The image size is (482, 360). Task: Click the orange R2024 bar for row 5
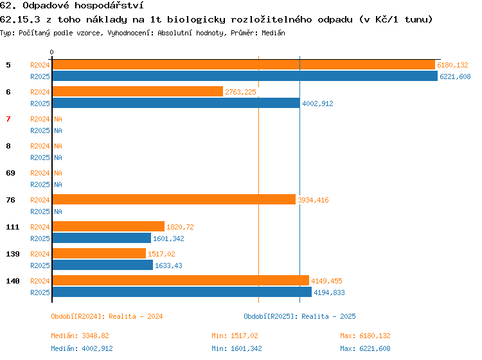244,65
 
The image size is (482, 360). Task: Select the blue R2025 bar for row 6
176,103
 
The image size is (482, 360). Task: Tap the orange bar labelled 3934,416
174,199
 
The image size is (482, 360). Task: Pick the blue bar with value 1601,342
102,238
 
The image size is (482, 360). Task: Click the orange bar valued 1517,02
99,253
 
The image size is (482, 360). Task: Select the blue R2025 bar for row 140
182,292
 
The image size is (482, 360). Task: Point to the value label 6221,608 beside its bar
455,76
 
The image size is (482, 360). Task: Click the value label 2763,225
240,92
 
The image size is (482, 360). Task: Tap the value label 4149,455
326,281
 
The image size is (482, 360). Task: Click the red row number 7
8,119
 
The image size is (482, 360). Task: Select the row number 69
10,173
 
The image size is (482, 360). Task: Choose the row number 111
13,227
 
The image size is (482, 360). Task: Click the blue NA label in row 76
58,212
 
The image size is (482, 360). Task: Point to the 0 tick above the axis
51,52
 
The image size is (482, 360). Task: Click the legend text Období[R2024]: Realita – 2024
107,316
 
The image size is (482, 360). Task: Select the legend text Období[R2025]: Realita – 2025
299,316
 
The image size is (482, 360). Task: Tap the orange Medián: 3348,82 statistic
80,336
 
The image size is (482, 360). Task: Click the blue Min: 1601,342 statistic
237,348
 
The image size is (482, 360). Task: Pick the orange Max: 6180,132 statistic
365,336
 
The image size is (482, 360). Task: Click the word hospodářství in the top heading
109,6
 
